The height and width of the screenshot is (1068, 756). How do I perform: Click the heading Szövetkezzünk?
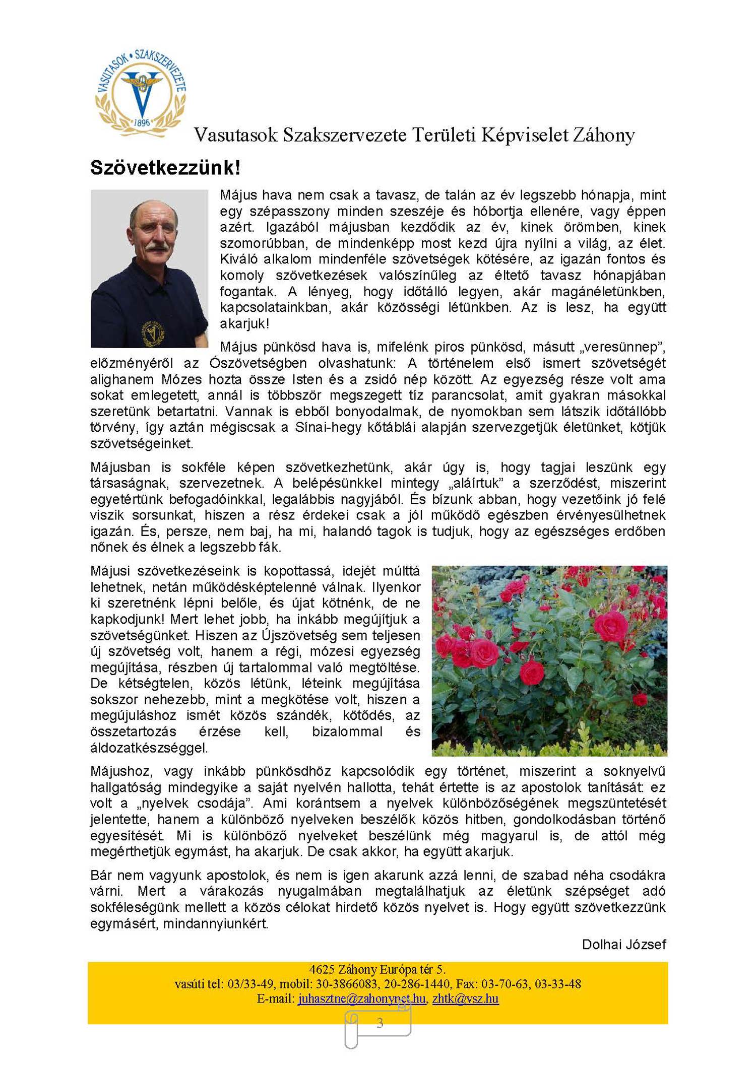click(x=165, y=168)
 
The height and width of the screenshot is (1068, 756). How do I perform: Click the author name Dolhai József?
click(x=623, y=944)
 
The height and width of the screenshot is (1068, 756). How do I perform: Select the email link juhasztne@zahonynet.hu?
click(x=361, y=998)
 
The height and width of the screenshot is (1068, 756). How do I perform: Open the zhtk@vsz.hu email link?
click(x=465, y=998)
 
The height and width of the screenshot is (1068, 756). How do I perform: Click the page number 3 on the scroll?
click(x=380, y=1022)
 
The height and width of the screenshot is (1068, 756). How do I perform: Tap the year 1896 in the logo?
click(x=142, y=123)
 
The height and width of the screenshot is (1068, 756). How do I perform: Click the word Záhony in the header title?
click(x=603, y=135)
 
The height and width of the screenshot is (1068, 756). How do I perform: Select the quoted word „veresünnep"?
click(x=622, y=347)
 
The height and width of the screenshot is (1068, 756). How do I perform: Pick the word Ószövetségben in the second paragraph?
click(x=258, y=363)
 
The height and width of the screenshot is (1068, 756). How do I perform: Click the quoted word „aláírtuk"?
click(x=475, y=483)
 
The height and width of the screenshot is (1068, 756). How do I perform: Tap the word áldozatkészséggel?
click(x=149, y=748)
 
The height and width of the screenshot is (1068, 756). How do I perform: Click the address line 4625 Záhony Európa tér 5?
click(x=377, y=969)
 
